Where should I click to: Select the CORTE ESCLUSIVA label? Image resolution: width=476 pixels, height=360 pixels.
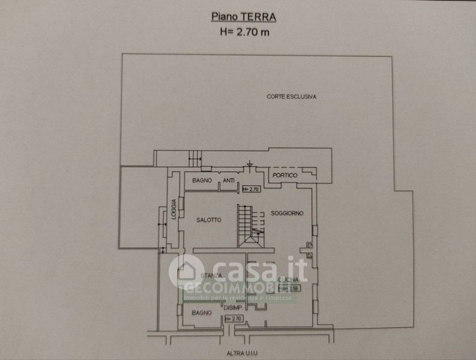pos(292,97)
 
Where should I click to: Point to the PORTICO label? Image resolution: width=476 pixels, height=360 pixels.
pos(285,175)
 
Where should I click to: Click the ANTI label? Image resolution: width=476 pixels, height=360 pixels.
pos(229,180)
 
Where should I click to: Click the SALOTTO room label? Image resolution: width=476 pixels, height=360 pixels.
pos(208,220)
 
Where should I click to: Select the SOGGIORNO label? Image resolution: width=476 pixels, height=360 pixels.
pos(286,214)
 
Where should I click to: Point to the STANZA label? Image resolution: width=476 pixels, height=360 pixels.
pos(211,275)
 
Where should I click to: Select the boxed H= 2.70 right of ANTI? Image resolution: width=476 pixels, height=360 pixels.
pos(249,190)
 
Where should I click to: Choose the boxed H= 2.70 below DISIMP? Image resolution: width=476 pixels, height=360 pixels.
pos(233,319)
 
